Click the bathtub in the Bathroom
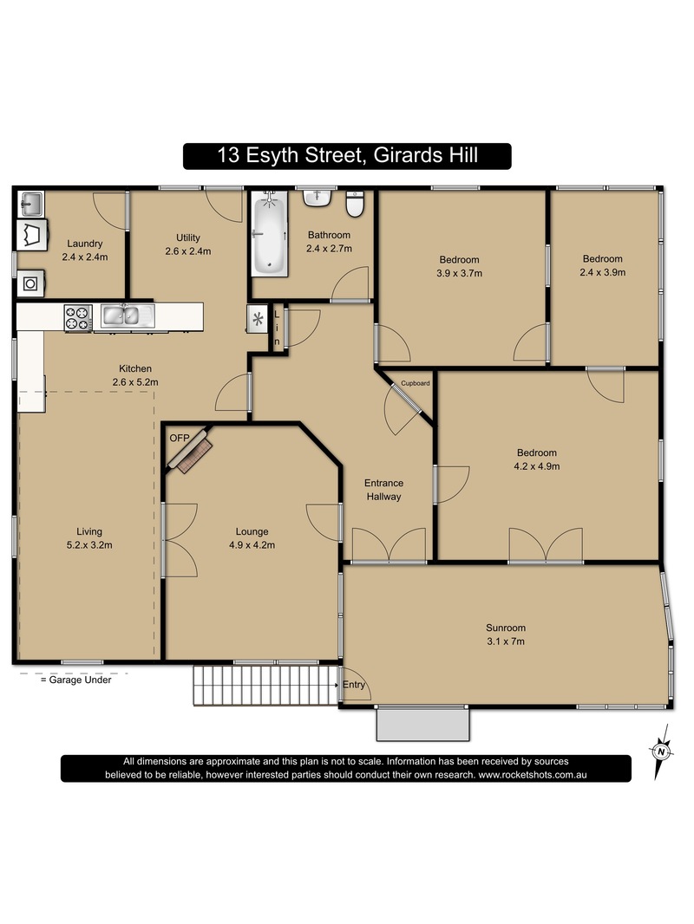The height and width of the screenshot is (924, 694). pyautogui.click(x=270, y=234)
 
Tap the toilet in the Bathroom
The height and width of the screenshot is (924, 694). pyautogui.click(x=355, y=205)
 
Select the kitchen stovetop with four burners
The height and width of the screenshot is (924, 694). pyautogui.click(x=78, y=317)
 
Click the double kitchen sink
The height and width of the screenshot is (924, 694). pyautogui.click(x=128, y=316)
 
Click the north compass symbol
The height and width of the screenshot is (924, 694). pyautogui.click(x=662, y=752)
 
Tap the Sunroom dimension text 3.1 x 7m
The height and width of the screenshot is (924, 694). pyautogui.click(x=505, y=641)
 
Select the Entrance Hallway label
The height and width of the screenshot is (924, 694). pyautogui.click(x=383, y=490)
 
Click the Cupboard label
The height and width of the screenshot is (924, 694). pyautogui.click(x=416, y=383)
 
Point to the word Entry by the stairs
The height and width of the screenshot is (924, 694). pyautogui.click(x=354, y=684)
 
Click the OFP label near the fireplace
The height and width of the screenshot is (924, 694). pyautogui.click(x=180, y=438)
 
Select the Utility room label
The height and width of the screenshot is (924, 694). pyautogui.click(x=188, y=238)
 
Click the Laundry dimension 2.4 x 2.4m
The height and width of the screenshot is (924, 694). pyautogui.click(x=85, y=257)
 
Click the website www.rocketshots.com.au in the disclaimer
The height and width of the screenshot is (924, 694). pyautogui.click(x=533, y=775)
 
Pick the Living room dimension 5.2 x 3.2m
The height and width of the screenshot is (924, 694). pyautogui.click(x=89, y=545)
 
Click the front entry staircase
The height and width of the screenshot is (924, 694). pyautogui.click(x=266, y=686)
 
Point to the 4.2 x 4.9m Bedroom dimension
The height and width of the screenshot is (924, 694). pyautogui.click(x=537, y=466)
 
